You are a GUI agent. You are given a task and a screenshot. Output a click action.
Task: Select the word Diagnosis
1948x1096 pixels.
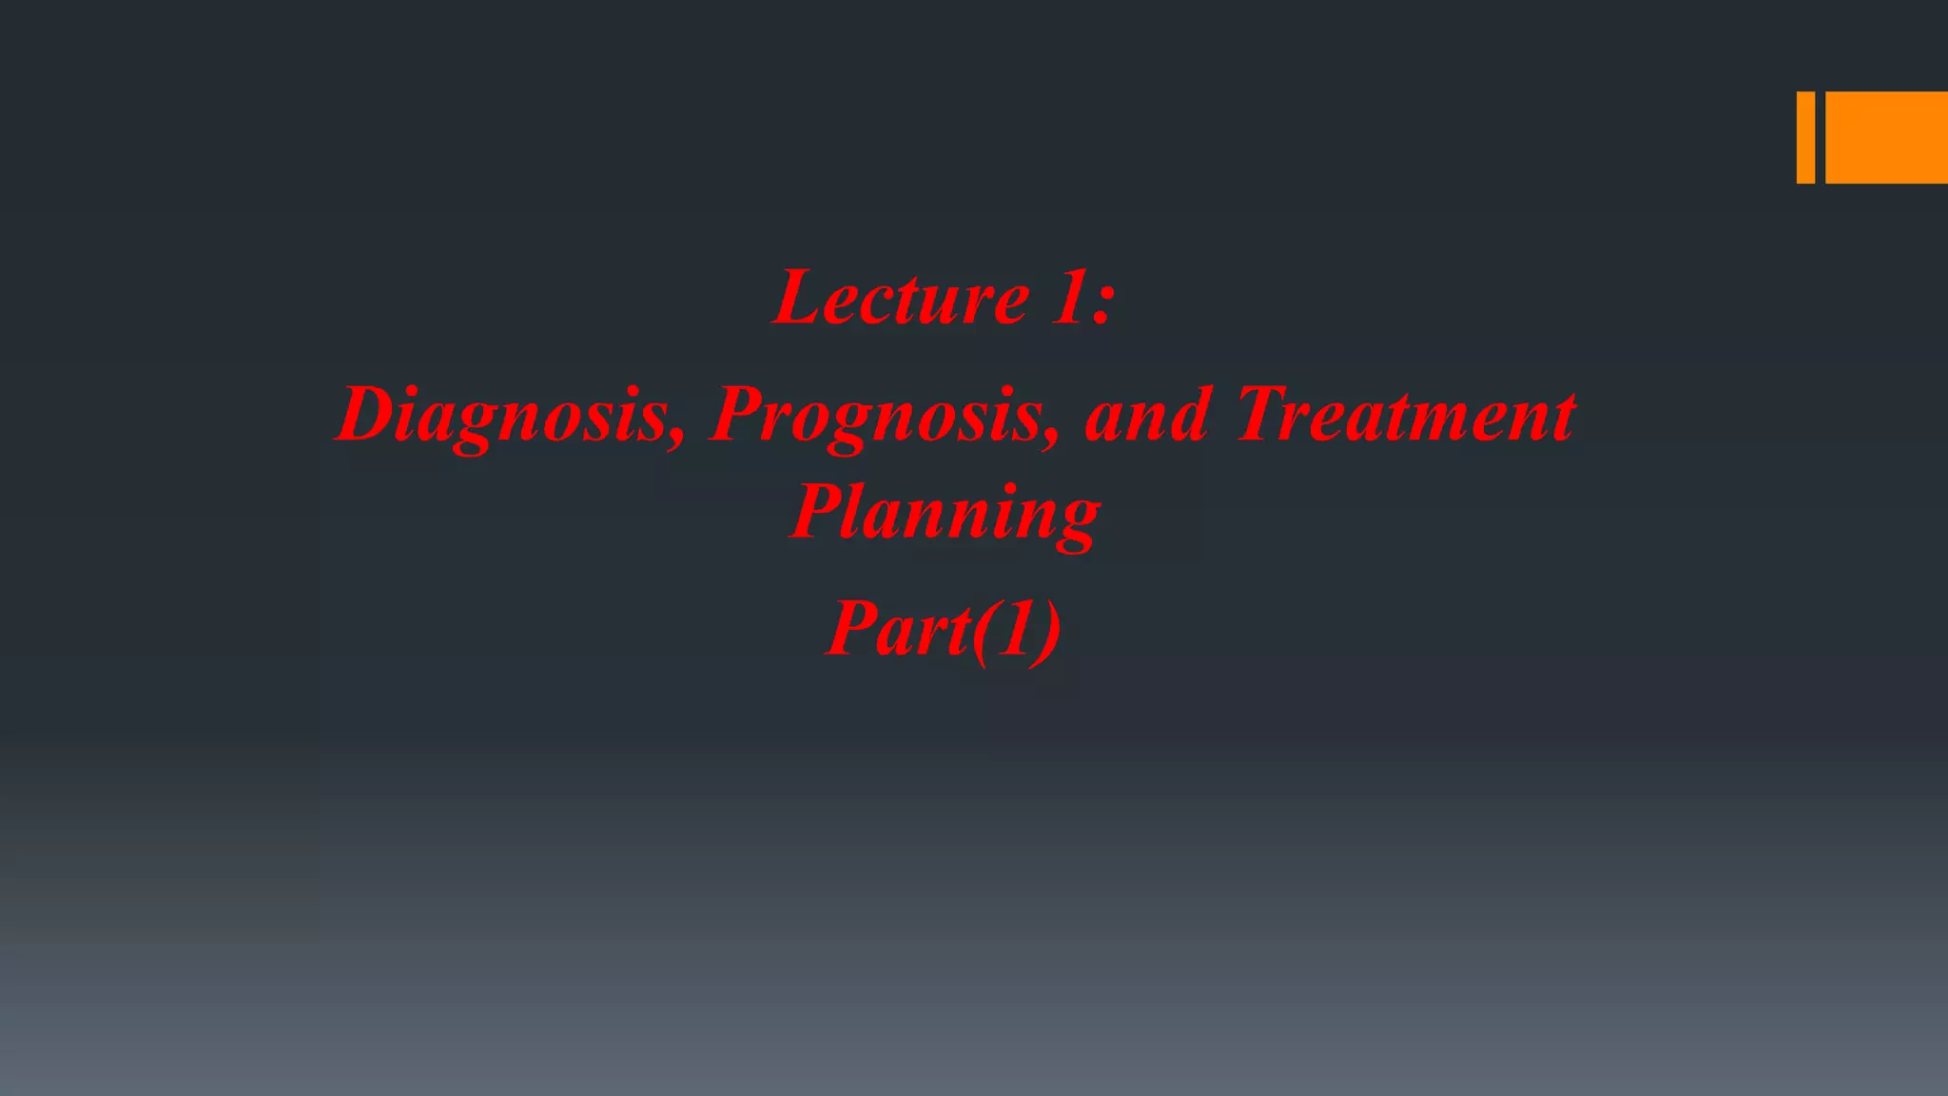(504, 416)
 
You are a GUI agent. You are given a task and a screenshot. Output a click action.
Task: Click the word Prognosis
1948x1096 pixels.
(880, 416)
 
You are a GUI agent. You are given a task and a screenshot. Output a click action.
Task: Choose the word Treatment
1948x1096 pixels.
(1406, 416)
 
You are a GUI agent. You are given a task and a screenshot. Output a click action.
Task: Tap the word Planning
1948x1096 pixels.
(945, 514)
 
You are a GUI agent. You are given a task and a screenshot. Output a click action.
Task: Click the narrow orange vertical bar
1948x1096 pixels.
(1804, 137)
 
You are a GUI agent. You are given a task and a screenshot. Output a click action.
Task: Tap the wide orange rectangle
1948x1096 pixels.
(1886, 137)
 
